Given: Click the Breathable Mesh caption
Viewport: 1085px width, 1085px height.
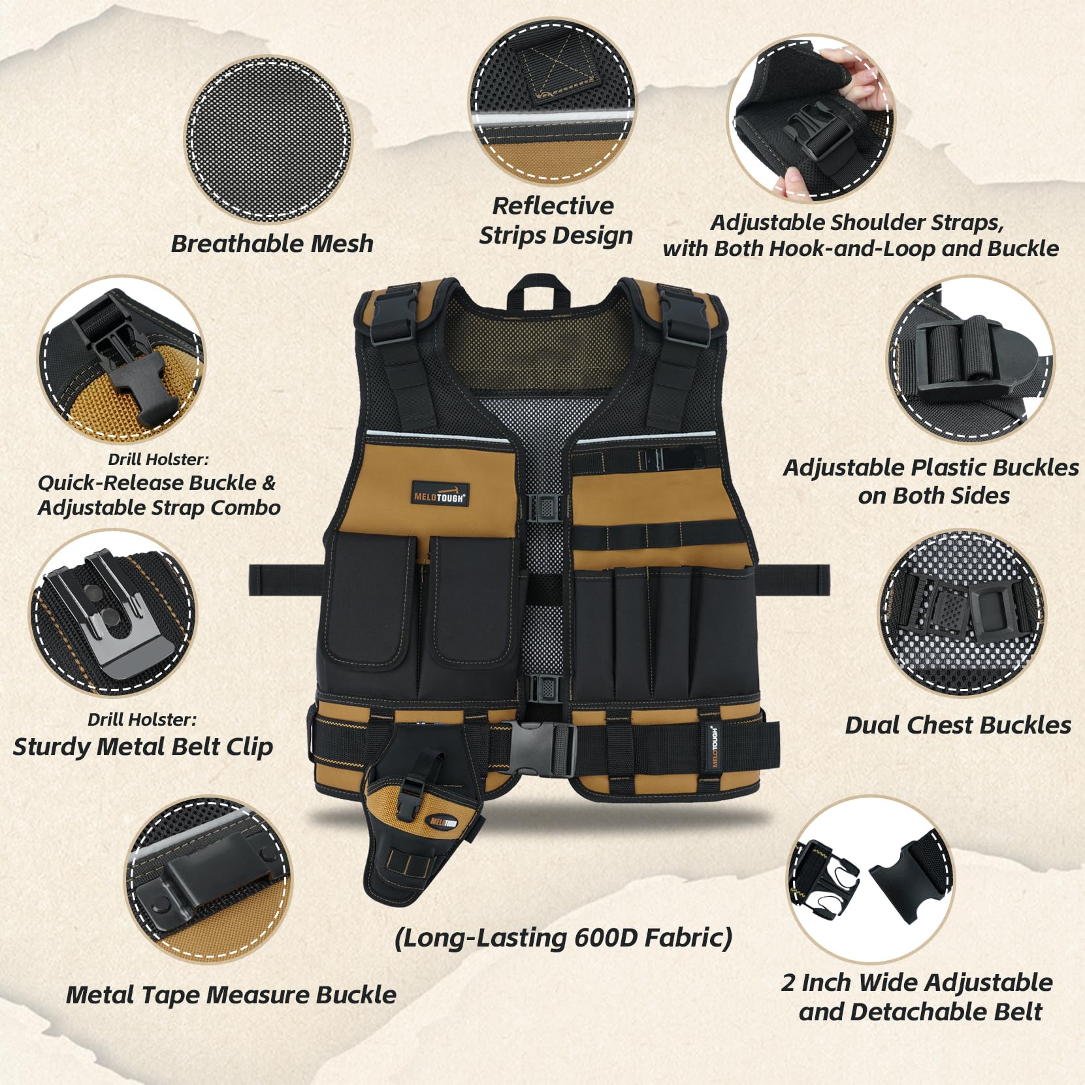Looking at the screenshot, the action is point(272,244).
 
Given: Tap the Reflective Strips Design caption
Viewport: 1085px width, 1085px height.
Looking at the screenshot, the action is point(555,220).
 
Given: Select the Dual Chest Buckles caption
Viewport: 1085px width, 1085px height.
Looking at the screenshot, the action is point(958,725).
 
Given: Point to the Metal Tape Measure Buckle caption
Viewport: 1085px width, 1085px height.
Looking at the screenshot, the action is point(231,994).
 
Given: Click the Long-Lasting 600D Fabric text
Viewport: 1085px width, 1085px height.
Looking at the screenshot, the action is point(563,937).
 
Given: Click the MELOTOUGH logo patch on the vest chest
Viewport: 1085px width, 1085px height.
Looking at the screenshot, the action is point(440,493).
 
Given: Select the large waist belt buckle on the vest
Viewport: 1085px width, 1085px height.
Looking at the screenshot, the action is point(543,741).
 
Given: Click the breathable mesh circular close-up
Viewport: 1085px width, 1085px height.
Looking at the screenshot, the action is point(268,139).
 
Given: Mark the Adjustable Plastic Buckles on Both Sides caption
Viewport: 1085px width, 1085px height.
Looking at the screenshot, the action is point(931,481).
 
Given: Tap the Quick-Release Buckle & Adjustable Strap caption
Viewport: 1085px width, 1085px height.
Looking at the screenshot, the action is point(159,495).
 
